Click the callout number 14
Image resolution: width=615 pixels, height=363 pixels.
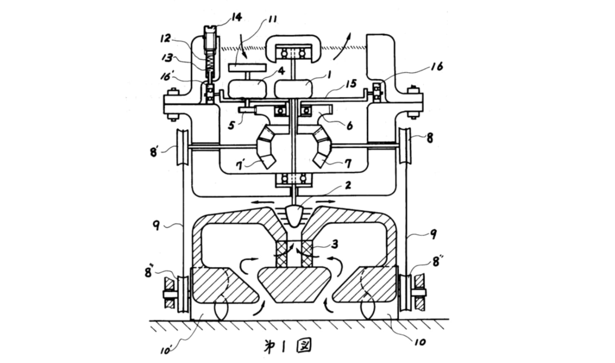237,17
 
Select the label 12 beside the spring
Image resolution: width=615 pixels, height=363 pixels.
166,38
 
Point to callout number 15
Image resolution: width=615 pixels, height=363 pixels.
351,84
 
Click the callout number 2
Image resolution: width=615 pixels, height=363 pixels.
348,185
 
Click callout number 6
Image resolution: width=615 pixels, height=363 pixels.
349,125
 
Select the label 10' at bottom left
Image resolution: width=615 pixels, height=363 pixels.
166,350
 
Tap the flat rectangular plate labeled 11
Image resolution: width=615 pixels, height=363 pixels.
248,68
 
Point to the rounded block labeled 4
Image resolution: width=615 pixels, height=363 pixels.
248,88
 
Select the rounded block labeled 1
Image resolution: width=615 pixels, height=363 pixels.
294,88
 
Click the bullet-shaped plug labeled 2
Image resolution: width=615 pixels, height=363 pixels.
294,216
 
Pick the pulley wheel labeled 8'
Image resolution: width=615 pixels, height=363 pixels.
182,147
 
